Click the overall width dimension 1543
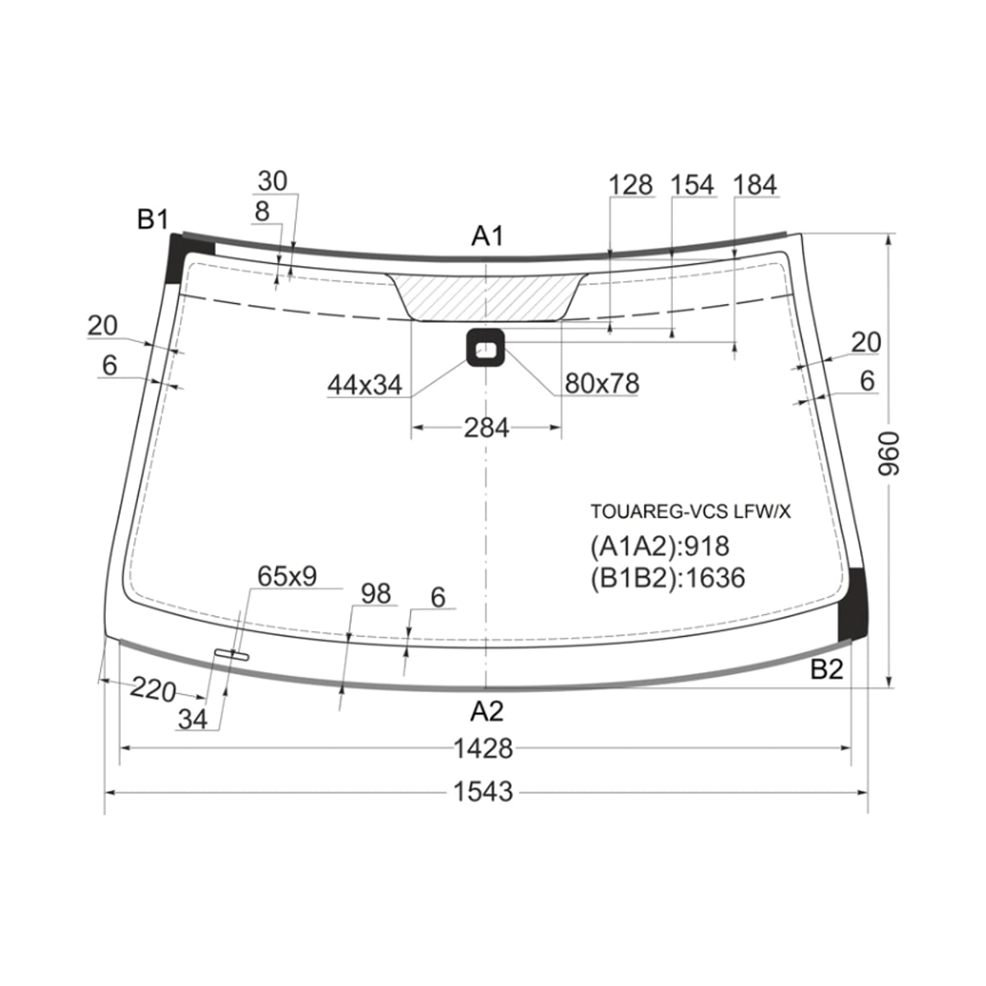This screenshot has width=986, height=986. click(483, 792)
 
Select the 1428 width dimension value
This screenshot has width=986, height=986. click(483, 748)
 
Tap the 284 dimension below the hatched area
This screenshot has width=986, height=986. click(486, 428)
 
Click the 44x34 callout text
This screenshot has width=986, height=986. click(365, 385)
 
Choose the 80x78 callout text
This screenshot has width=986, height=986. click(601, 383)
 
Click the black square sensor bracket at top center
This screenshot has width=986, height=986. click(485, 348)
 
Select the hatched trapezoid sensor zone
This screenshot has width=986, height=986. click(486, 297)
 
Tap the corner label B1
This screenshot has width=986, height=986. click(153, 219)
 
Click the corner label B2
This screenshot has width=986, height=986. click(827, 670)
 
